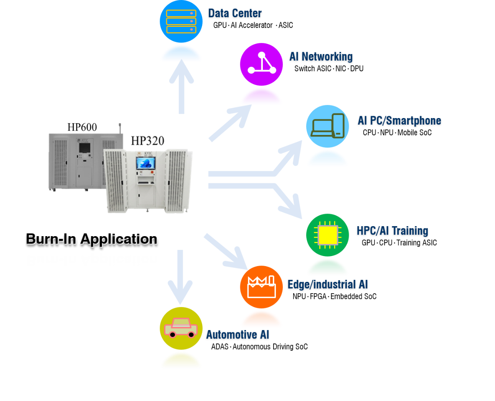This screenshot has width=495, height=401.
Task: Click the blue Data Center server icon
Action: (181, 21)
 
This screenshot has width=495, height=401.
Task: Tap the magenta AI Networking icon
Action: (261, 64)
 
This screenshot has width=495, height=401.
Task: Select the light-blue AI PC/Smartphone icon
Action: (327, 126)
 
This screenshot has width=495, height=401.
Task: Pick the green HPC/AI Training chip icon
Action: (327, 235)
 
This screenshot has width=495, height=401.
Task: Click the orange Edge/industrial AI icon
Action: (261, 287)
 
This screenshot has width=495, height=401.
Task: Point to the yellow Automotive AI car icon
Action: (181, 328)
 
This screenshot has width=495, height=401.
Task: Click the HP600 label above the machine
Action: (82, 127)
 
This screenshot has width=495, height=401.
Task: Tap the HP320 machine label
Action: (148, 141)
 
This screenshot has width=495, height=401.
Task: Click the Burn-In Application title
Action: (92, 239)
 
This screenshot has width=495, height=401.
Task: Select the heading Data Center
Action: (235, 13)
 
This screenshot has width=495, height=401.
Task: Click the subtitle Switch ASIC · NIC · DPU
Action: (329, 69)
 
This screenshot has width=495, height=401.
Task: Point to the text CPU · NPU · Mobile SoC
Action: (397, 133)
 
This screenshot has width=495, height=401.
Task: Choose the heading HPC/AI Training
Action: (393, 231)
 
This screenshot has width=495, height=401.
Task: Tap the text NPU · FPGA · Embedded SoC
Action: (335, 296)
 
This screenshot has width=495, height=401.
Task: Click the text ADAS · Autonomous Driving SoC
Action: (259, 347)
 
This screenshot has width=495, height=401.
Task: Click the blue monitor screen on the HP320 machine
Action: (146, 163)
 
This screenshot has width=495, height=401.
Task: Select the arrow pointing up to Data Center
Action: (181, 87)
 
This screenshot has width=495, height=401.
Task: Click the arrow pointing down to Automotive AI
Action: (180, 277)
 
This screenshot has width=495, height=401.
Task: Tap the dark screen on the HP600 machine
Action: (84, 148)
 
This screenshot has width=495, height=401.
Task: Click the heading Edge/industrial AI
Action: (328, 284)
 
